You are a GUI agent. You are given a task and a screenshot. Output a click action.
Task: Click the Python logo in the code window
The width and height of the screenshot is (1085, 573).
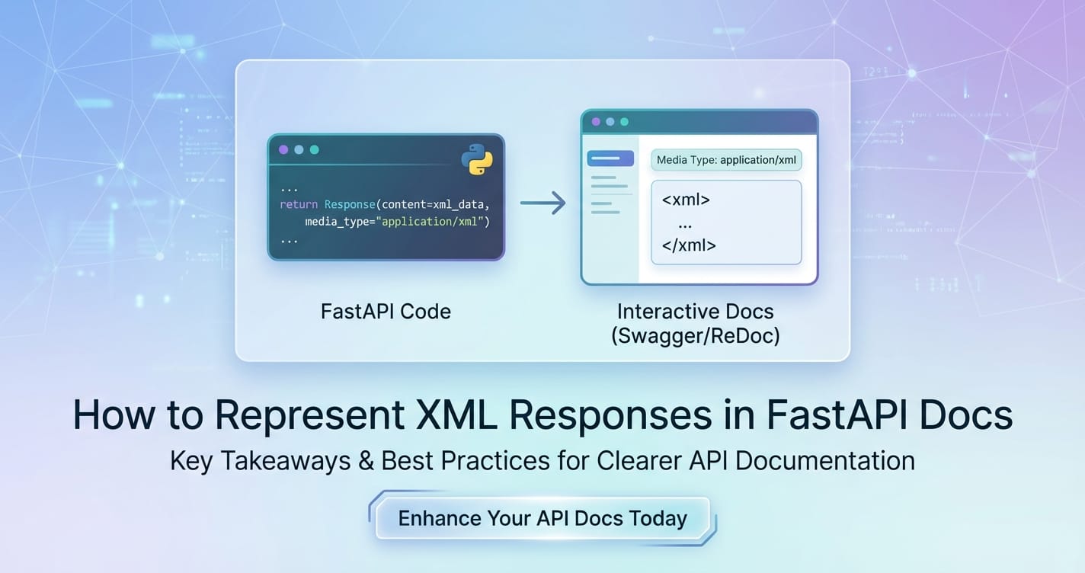477,159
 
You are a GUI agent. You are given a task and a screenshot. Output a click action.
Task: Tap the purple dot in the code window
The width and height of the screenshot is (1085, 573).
284,150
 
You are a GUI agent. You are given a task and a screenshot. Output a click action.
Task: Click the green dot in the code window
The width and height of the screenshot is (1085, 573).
314,150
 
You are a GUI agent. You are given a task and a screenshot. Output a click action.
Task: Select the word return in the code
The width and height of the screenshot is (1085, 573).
299,205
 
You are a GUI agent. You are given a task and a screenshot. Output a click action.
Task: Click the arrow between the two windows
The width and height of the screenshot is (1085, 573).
542,203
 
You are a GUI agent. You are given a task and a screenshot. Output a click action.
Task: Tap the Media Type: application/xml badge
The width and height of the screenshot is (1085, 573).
726,160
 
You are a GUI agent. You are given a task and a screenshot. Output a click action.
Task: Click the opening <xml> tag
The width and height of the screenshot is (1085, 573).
686,200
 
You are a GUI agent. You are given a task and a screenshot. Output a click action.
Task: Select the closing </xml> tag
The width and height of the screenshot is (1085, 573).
689,245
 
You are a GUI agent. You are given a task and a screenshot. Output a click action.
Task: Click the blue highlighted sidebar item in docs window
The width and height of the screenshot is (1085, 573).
610,158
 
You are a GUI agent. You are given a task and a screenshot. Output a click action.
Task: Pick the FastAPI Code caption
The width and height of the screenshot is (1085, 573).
386,312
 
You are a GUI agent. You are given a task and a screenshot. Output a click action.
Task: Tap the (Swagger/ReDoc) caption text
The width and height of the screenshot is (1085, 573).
695,335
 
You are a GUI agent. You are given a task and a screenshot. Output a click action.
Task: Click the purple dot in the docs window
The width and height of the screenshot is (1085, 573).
596,122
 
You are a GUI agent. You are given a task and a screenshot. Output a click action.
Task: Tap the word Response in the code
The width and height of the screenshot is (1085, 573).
350,205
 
